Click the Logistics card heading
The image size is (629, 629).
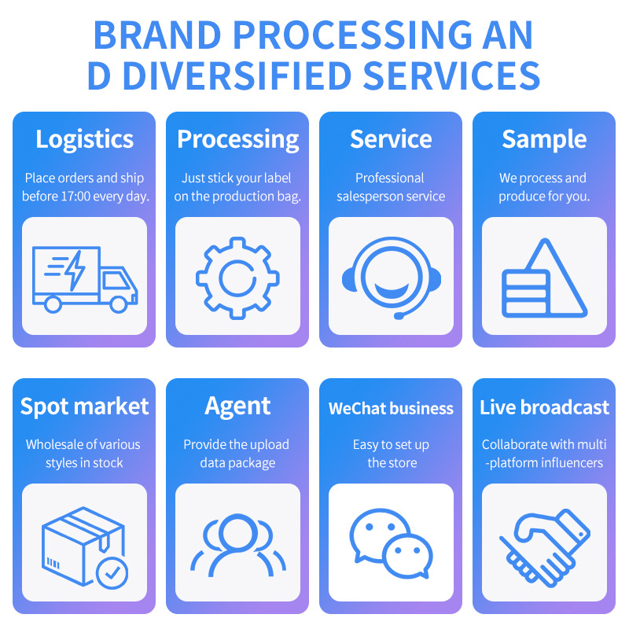tap(84, 139)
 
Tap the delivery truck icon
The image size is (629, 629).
tap(84, 277)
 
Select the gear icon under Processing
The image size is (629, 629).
tap(237, 277)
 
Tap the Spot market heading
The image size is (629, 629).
tap(84, 406)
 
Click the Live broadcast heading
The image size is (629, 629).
tap(544, 407)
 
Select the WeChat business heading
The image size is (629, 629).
tap(391, 408)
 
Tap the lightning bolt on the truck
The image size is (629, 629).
tap(75, 270)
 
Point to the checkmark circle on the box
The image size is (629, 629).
tap(112, 572)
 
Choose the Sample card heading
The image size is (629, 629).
tap(544, 139)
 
